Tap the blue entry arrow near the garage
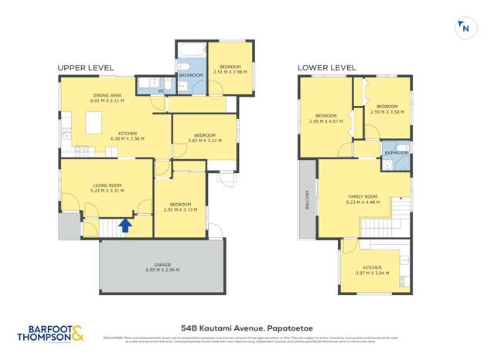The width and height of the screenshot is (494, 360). (124, 226)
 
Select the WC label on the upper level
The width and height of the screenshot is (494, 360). (162, 91)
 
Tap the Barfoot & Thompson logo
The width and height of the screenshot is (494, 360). (51, 335)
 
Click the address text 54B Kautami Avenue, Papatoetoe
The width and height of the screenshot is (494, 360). (247, 328)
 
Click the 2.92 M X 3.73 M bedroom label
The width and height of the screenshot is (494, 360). (182, 206)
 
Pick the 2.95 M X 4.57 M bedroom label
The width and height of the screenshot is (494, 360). (325, 117)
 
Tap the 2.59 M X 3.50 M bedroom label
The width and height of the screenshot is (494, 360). (387, 109)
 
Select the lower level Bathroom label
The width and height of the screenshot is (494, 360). (397, 153)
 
